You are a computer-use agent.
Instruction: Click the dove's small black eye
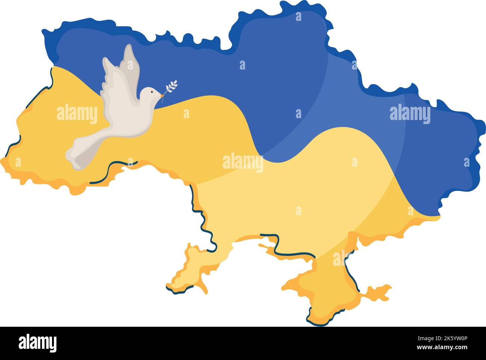point(151,92)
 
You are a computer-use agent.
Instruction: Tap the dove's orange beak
point(161,95)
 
